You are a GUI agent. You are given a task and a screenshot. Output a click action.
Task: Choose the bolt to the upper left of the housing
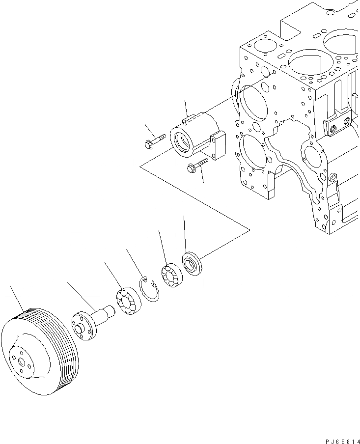point(152,143)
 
